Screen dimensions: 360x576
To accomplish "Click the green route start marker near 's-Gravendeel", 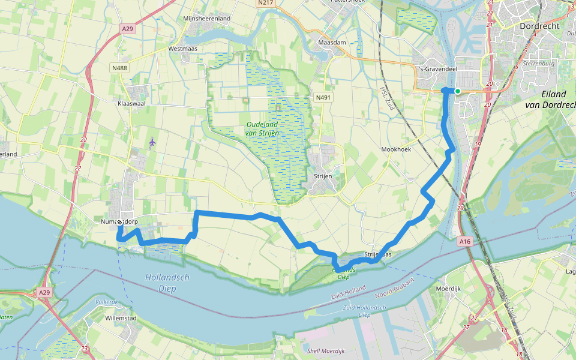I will tap(458, 91).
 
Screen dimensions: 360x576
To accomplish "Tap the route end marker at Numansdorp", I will tap(119, 222).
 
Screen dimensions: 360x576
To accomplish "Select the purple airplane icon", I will tap(152, 142).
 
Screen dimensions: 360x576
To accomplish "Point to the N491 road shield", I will tap(323, 97).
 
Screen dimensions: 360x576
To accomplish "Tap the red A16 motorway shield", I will tap(465, 241).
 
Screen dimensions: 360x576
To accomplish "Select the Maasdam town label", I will tap(333, 44).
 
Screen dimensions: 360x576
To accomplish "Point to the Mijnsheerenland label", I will tap(206, 19).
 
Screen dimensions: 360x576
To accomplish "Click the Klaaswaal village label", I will tap(133, 103).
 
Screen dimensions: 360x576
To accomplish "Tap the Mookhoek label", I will tap(396, 149).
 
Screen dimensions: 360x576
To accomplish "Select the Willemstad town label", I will tap(122, 317).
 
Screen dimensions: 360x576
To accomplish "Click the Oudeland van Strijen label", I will tap(268, 128).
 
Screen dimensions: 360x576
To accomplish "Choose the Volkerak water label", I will tap(107, 302).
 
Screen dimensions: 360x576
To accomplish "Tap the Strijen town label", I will tap(323, 176).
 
